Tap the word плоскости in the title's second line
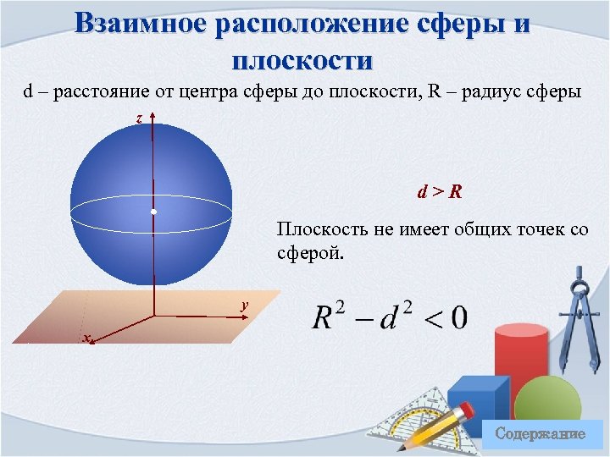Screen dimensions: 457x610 302,60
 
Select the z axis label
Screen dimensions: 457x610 140,119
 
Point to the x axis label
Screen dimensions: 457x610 85,339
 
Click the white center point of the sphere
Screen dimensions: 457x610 153,210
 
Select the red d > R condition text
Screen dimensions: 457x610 439,191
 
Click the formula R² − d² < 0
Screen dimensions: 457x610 389,317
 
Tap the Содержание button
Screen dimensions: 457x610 540,434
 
